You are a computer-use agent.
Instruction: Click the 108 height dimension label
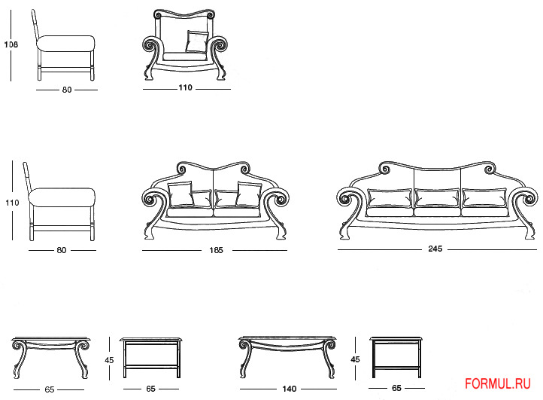click(11, 44)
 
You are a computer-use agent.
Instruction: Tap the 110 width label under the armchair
click(185, 88)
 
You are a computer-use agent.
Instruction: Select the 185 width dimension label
click(216, 250)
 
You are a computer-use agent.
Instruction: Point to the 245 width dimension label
click(435, 249)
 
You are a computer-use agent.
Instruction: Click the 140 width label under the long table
click(289, 389)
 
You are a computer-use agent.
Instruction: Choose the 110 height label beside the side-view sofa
click(12, 203)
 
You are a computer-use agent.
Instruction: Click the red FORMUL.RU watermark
click(498, 383)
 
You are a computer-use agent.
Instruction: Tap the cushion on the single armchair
click(197, 42)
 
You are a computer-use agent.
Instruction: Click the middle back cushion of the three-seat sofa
click(437, 198)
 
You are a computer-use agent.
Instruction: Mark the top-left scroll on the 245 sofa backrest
click(384, 169)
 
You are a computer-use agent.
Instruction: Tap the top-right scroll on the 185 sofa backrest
click(244, 169)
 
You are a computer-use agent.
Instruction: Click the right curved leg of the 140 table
click(329, 359)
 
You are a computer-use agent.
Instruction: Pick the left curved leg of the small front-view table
click(19, 360)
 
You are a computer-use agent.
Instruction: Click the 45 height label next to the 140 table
click(355, 359)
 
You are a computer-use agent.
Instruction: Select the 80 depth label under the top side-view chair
click(67, 90)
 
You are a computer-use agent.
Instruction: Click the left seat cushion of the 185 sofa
click(190, 212)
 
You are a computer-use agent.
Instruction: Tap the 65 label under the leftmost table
click(50, 389)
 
